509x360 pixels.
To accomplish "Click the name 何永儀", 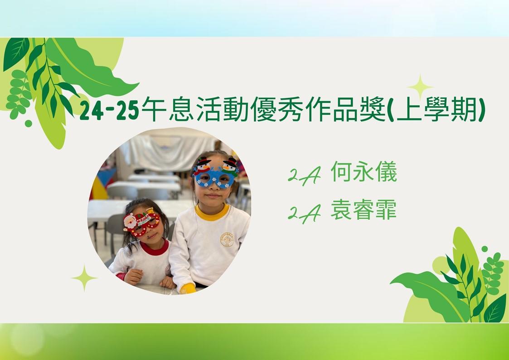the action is pos(364,171).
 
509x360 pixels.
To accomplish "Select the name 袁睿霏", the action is pos(364,210).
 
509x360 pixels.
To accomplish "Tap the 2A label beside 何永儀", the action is pos(304,175).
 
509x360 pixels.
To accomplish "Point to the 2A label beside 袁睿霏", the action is pos(304,214).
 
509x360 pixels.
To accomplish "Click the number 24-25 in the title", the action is pos(109,110).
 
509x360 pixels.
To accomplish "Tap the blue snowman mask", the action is pos(215,173).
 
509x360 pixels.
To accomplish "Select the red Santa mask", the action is pos(141,222).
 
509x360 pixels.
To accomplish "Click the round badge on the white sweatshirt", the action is pos(227,239).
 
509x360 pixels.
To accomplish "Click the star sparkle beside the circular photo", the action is pos(84,278).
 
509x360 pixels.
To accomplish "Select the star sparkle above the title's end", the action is pos(420,87).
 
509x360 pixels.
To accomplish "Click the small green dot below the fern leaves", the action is pos(28,123).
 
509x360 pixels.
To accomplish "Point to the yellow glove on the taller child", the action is pos(188,288).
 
